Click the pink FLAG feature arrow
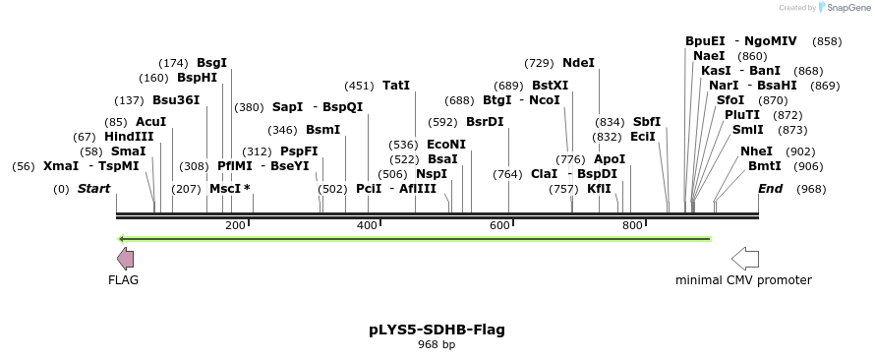(x=125, y=259)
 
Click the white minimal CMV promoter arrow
(x=745, y=259)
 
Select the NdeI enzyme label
(x=579, y=63)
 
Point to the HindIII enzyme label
(x=129, y=137)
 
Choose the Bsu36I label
(x=176, y=100)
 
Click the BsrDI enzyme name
(x=485, y=122)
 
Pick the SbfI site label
(x=647, y=122)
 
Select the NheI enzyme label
(x=757, y=151)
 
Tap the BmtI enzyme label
(x=765, y=166)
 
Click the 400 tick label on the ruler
(x=367, y=226)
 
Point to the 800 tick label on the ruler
(x=632, y=226)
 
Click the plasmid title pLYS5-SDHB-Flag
(x=437, y=330)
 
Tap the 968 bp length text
(x=437, y=345)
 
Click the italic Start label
(x=93, y=189)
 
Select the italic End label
(x=770, y=189)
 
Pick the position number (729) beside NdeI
(x=539, y=63)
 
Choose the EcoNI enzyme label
(x=446, y=145)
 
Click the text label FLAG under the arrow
(x=123, y=280)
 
